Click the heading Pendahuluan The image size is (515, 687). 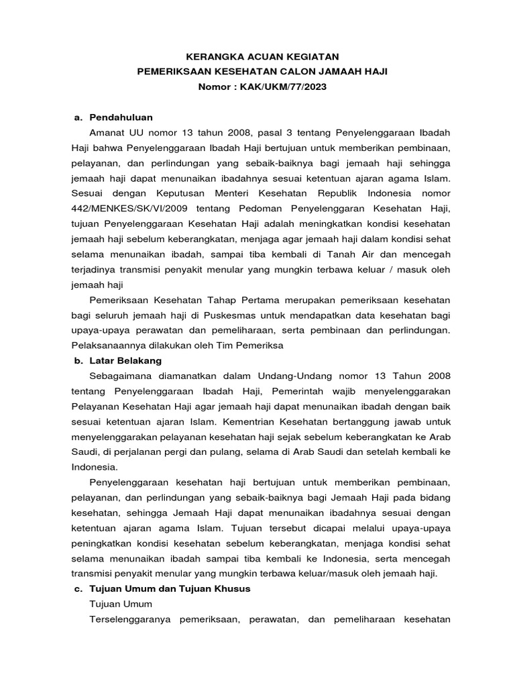121,117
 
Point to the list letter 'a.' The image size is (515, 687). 78,117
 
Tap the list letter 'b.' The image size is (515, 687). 78,360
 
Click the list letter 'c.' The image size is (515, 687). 78,588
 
